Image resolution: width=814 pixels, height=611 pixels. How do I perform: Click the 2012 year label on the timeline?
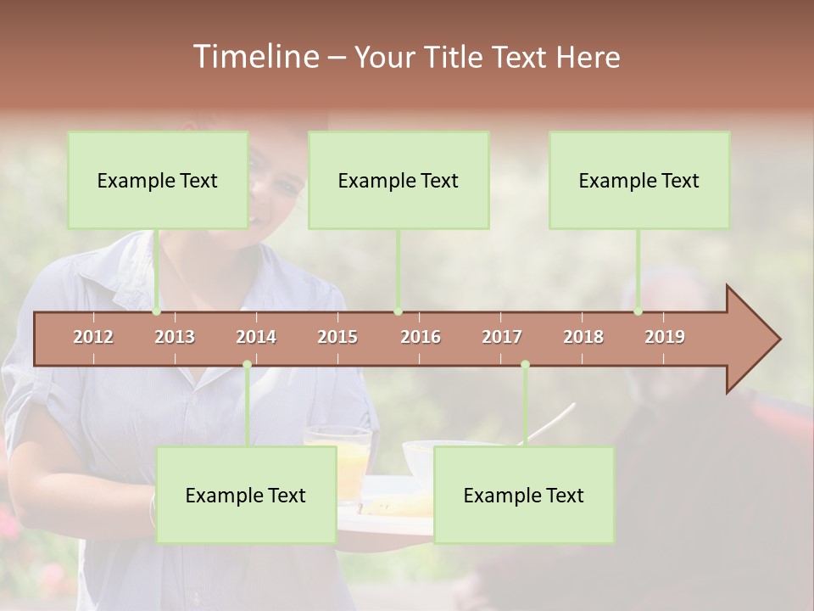(93, 337)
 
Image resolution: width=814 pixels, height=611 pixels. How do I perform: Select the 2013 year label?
(175, 337)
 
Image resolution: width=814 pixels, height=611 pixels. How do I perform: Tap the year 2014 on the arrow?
(256, 337)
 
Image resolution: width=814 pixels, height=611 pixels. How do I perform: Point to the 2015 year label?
(337, 337)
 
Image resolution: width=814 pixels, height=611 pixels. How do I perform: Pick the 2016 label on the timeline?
(421, 337)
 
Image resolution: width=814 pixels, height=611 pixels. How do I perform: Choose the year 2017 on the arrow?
(502, 337)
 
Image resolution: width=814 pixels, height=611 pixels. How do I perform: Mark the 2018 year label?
(583, 337)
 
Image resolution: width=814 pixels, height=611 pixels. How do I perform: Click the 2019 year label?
(665, 337)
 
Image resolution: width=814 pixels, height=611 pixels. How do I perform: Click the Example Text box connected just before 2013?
(158, 180)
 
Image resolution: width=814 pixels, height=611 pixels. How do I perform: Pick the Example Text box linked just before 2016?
(399, 180)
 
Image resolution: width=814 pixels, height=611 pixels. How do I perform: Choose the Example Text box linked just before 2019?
(639, 180)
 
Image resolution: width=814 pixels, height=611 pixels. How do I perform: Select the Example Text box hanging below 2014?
(246, 495)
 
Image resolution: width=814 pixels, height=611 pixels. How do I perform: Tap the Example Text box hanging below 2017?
(524, 495)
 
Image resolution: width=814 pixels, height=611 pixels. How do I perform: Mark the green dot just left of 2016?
(399, 311)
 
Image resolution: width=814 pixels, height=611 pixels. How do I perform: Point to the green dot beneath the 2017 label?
(525, 365)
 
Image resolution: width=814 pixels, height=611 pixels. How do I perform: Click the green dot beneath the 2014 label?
(247, 365)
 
